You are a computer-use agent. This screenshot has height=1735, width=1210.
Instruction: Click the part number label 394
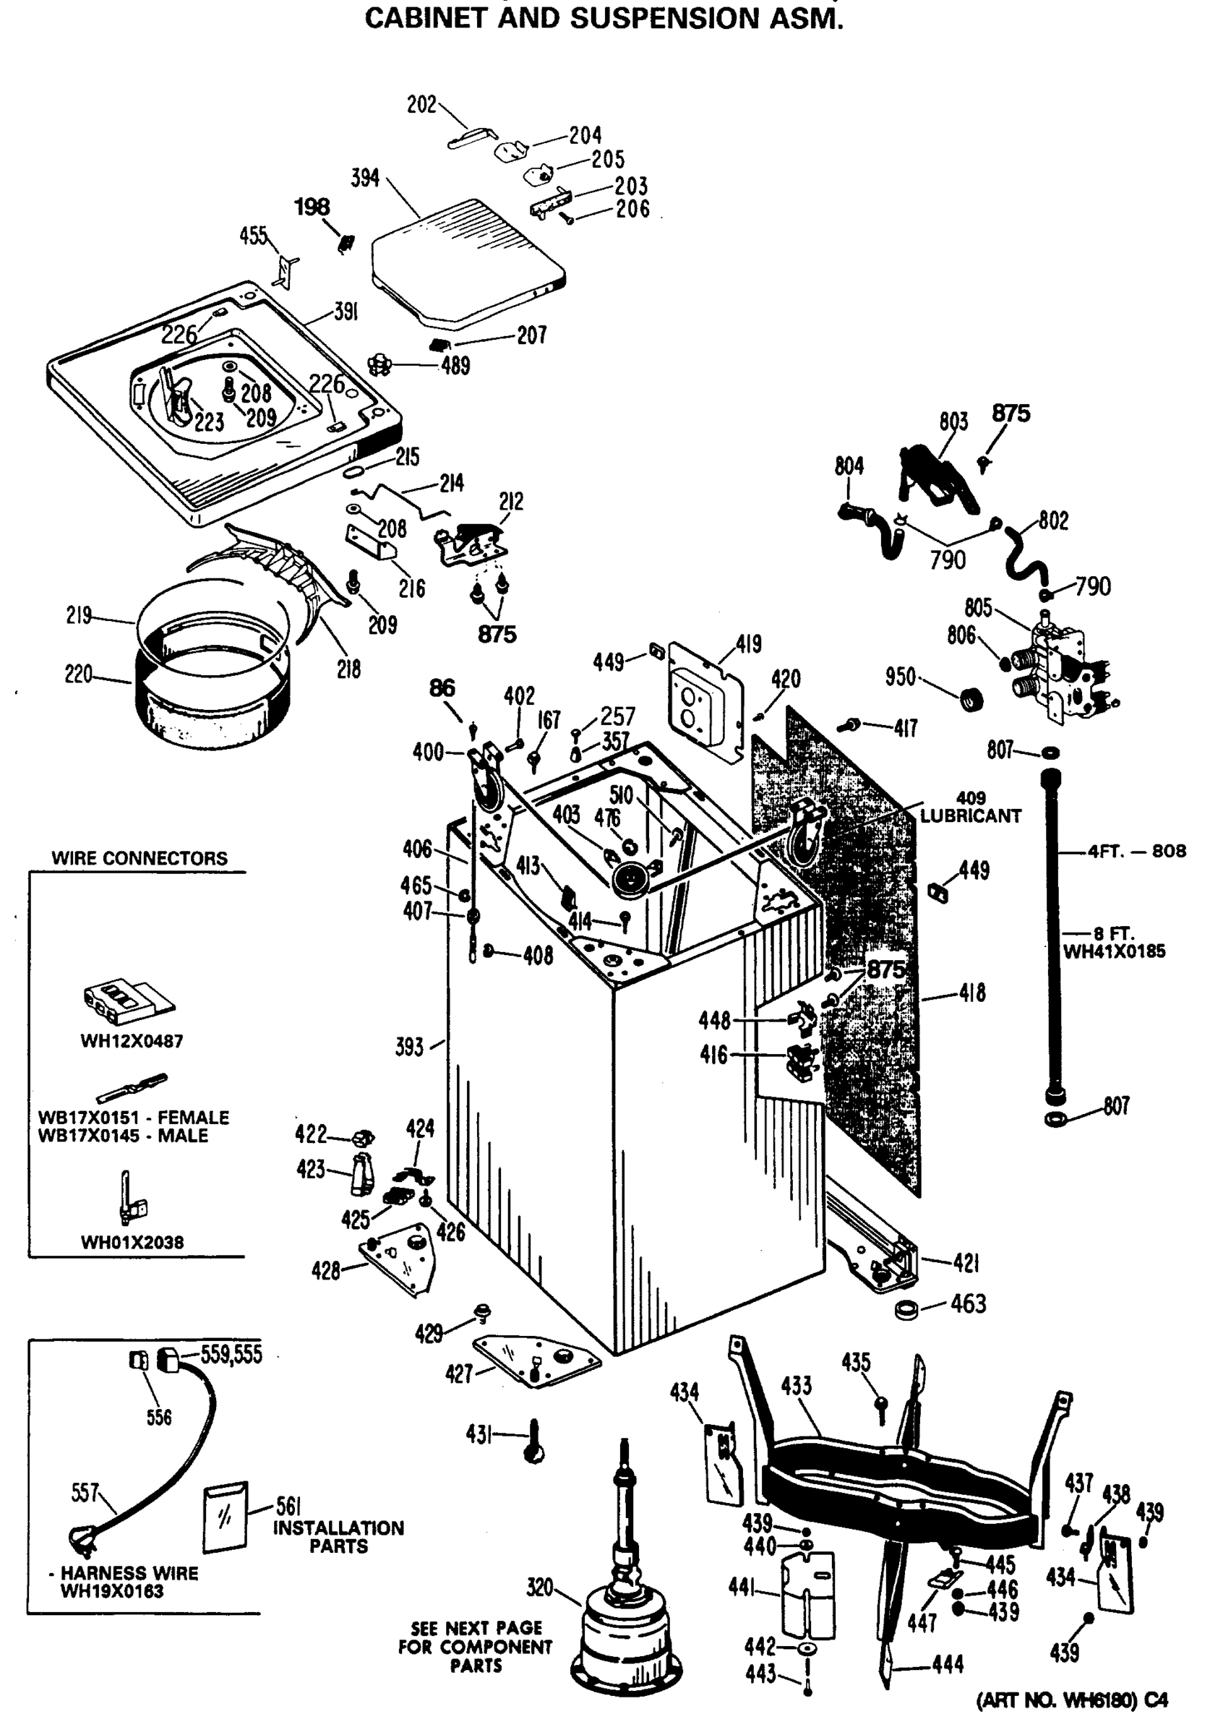coord(365,179)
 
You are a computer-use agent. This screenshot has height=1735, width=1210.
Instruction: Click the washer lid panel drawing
coord(468,261)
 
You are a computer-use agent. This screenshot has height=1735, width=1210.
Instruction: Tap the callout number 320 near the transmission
coord(540,1588)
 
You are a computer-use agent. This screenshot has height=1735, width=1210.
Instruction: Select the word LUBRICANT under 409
coord(971,816)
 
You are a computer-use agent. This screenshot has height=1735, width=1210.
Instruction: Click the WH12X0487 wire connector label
coord(132,1040)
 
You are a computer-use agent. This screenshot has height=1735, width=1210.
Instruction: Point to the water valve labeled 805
coord(1058,665)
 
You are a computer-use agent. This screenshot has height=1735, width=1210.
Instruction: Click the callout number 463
coord(969,1304)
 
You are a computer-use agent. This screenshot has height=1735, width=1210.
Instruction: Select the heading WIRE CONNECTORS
coord(139,858)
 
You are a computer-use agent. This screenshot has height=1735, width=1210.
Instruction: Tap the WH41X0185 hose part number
coord(1114,951)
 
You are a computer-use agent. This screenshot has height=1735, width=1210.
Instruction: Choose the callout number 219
coord(79,615)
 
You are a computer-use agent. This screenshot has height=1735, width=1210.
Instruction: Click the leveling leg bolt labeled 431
coord(534,1441)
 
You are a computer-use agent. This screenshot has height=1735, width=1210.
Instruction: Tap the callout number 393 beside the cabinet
coord(409,1048)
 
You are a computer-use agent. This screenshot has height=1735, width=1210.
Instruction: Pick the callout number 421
coord(966,1263)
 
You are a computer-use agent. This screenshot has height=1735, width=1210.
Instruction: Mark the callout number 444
coord(948,1664)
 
